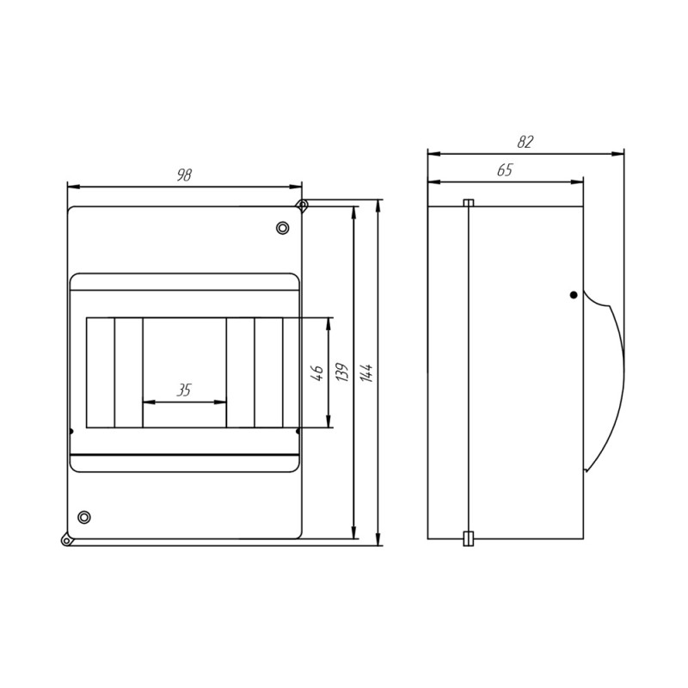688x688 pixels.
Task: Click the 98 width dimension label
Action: click(184, 175)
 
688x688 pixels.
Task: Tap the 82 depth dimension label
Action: click(525, 142)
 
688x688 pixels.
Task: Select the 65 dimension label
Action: click(505, 169)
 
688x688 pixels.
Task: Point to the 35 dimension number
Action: click(184, 390)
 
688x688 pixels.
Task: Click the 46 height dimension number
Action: click(317, 372)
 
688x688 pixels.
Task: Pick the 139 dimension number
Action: click(342, 372)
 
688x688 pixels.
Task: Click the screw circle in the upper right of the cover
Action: click(283, 228)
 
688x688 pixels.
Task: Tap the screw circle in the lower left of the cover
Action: click(84, 517)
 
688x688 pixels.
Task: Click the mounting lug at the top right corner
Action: click(302, 205)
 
